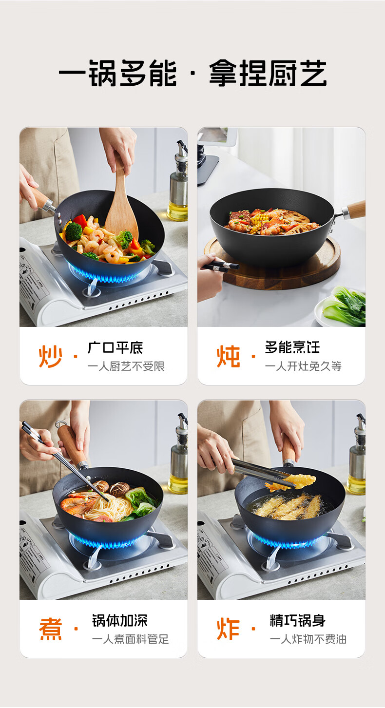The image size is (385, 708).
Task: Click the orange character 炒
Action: [50, 357]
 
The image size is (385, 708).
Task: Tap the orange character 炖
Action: [228, 357]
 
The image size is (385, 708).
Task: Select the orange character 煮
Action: [50, 629]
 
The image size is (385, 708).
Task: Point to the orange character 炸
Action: [228, 629]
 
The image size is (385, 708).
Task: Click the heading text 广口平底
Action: [115, 348]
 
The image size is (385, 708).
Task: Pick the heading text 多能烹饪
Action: [292, 347]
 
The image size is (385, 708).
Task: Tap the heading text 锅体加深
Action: [120, 620]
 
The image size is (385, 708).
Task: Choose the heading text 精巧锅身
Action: [297, 620]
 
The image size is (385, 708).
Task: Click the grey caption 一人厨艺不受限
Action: [126, 366]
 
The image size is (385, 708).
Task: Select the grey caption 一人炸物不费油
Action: [308, 639]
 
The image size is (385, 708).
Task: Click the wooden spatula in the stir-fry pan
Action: [121, 202]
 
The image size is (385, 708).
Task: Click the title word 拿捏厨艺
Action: [268, 73]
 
